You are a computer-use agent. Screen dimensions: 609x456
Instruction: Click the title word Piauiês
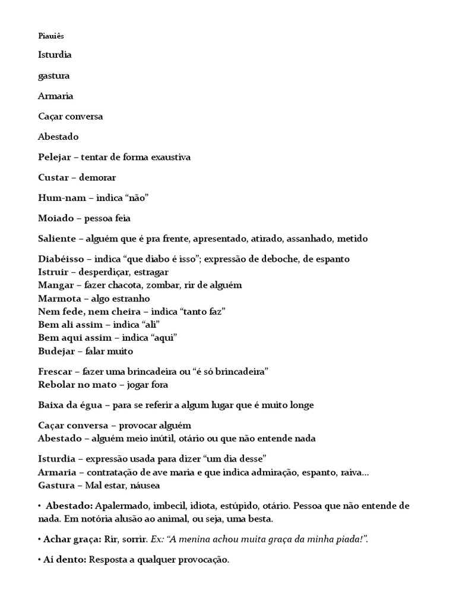click(50, 36)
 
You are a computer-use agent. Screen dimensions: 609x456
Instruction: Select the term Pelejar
click(54, 157)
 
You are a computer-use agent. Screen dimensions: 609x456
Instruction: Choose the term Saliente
click(57, 238)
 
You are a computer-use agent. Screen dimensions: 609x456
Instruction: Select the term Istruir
click(53, 272)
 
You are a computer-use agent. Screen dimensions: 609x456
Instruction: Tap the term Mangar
click(55, 285)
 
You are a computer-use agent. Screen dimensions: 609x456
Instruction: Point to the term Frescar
click(55, 371)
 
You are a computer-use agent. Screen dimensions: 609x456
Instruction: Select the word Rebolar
click(55, 384)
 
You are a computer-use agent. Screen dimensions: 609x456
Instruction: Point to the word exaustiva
click(170, 157)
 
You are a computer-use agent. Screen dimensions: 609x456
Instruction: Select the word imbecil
click(169, 506)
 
